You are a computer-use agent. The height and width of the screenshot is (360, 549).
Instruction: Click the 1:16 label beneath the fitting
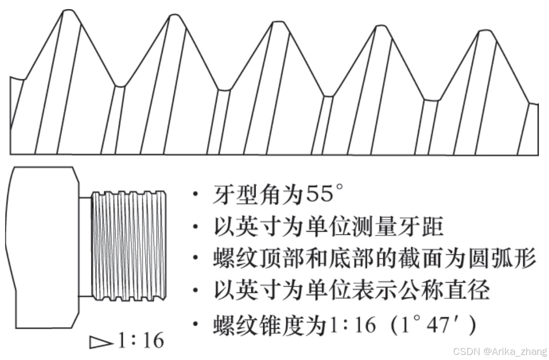[x=140, y=341]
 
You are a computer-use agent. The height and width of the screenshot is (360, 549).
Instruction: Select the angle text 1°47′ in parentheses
[x=437, y=326]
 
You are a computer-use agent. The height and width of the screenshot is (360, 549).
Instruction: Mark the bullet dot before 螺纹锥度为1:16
[x=195, y=326]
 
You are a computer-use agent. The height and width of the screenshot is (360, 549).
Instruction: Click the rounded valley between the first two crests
[x=120, y=85]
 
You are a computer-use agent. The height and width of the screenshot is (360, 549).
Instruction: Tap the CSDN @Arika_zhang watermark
[x=500, y=351]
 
